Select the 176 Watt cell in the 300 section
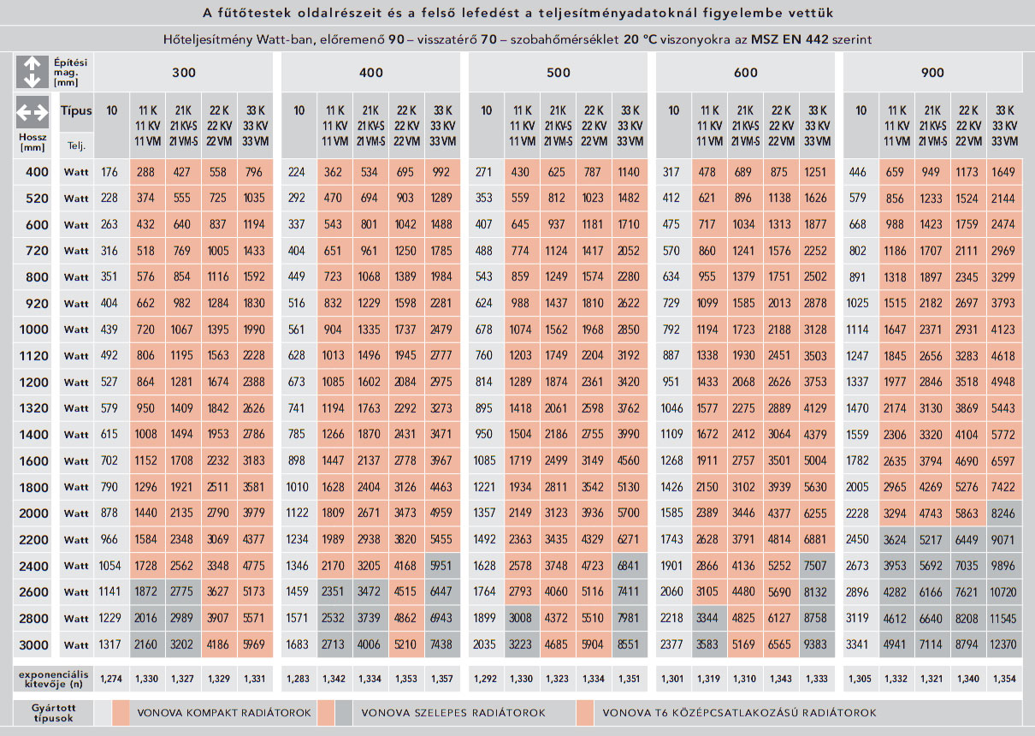coord(109,172)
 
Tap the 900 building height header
coord(932,73)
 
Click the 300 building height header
coord(184,73)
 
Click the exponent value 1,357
coord(442,679)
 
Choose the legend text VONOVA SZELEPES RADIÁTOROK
coord(453,712)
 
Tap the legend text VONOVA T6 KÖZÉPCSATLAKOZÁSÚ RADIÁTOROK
coord(739,712)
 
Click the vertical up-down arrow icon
coord(33,72)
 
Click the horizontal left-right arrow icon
coord(33,112)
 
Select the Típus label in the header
coord(76,111)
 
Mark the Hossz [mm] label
coord(33,142)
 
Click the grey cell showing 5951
coord(442,566)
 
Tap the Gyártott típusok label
coord(53,712)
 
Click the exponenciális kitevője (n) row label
coord(53,680)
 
